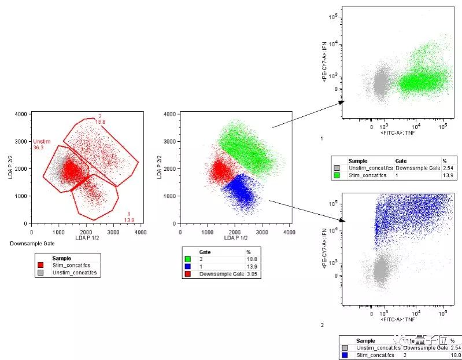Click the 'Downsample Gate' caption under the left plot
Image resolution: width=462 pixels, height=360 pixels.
coord(29,244)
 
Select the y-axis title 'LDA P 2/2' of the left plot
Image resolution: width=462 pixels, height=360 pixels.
coord(10,168)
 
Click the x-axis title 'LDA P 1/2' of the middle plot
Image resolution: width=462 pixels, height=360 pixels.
coord(235,238)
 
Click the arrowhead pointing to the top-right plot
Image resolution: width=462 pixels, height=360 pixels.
coord(341,102)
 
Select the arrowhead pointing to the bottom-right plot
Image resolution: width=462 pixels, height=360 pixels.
coord(341,220)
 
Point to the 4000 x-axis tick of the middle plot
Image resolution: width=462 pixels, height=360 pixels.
coord(289,232)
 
